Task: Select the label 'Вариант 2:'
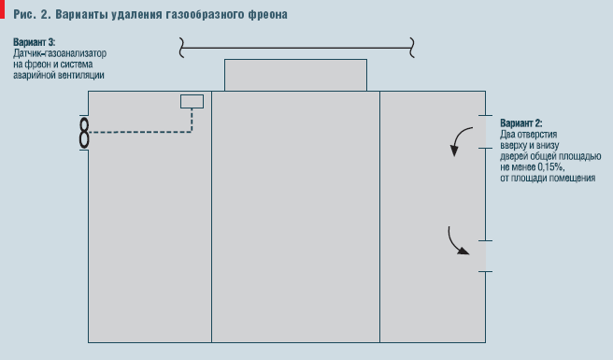click(521, 123)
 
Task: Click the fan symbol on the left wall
click(84, 132)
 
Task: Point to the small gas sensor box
click(192, 101)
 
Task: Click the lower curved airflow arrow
click(458, 241)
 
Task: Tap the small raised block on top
click(296, 75)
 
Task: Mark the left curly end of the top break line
click(180, 43)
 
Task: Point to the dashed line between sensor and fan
click(140, 132)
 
